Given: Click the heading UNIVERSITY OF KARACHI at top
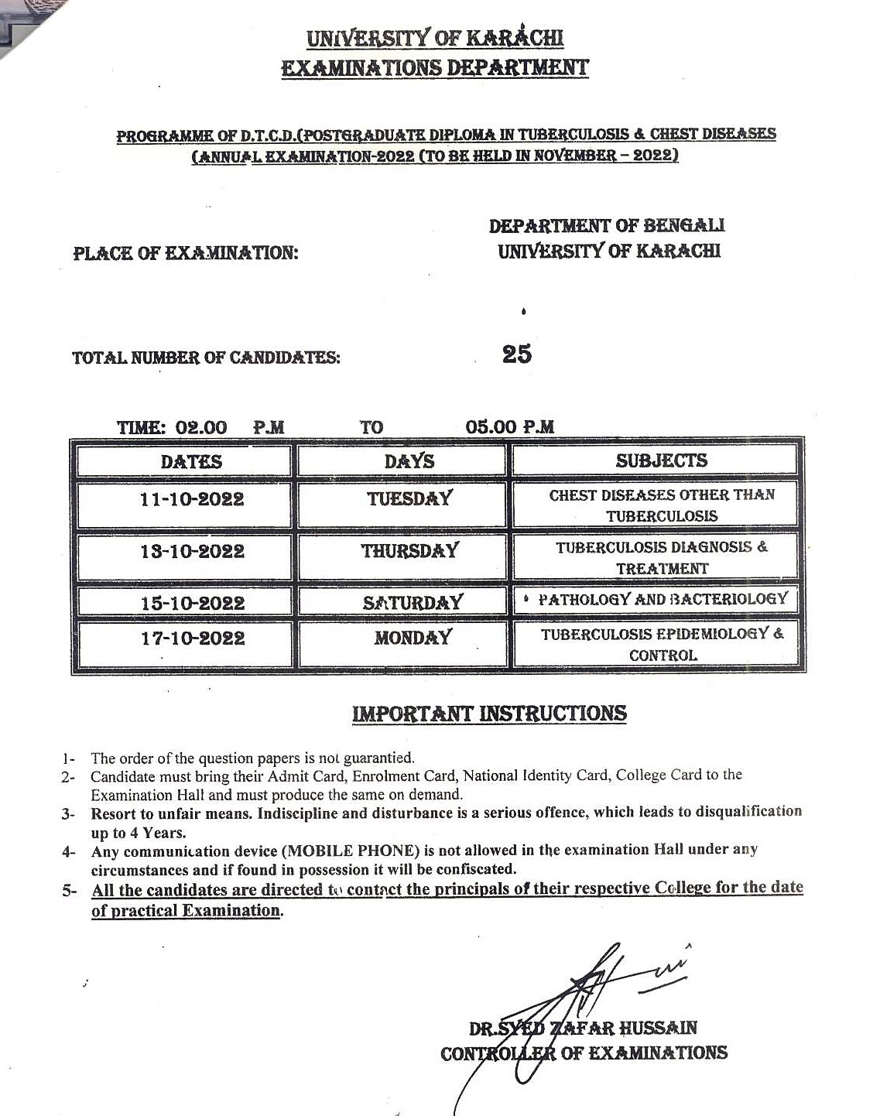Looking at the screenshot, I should coord(435,38).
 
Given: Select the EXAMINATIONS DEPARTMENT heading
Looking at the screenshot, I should coord(435,68).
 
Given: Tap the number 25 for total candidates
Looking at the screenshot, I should coord(517,354).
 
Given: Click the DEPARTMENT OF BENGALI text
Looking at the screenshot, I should coord(607,226).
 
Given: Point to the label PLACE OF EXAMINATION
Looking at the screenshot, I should coord(186,253).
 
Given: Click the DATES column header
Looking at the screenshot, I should coord(191,462).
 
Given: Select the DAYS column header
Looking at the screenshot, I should coord(409,461).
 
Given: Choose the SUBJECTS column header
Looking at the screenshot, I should coord(662,460).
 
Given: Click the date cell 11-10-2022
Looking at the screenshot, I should coord(192,500).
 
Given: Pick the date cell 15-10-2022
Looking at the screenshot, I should coord(193,604).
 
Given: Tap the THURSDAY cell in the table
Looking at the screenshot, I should coord(410,551).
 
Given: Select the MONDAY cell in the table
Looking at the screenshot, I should coord(413,638).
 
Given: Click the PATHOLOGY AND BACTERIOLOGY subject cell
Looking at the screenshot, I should coord(663,599).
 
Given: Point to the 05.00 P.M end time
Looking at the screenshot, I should coord(510,427).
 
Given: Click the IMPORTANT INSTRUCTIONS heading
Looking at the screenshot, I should coord(489,714).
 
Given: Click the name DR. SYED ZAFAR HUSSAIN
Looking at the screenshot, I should coord(583,1029).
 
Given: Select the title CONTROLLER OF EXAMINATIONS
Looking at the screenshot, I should coord(584,1053).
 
